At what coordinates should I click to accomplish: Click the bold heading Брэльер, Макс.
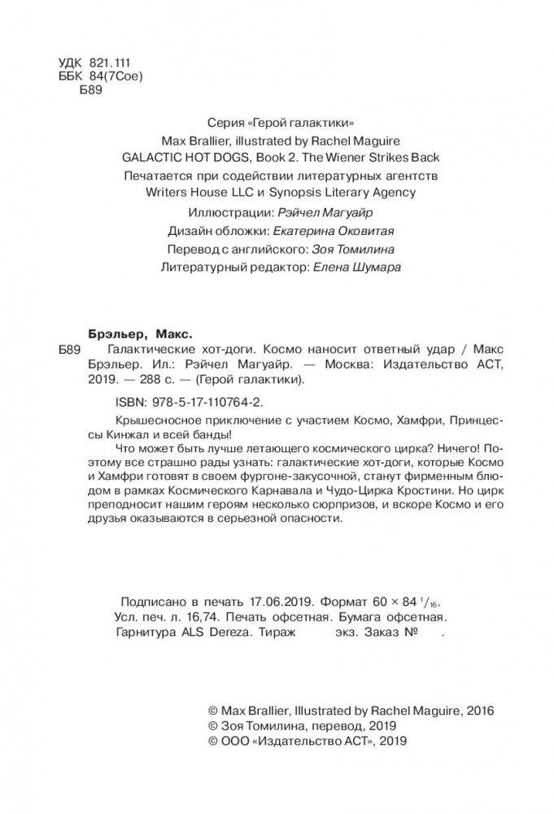[x=138, y=333]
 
